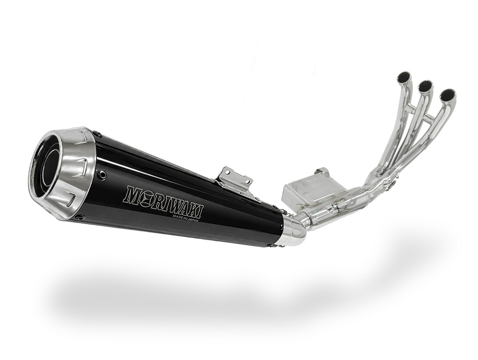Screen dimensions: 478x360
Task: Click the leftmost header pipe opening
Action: click(x=406, y=77)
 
